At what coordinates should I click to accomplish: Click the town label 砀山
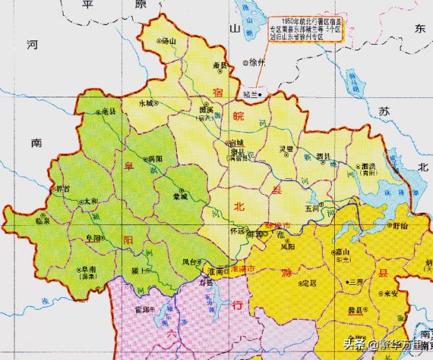[169, 42]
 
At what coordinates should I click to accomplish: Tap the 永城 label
[148, 102]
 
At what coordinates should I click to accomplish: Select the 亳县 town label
[109, 112]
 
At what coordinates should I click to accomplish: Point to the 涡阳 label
[154, 159]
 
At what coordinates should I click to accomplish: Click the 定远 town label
[310, 282]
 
